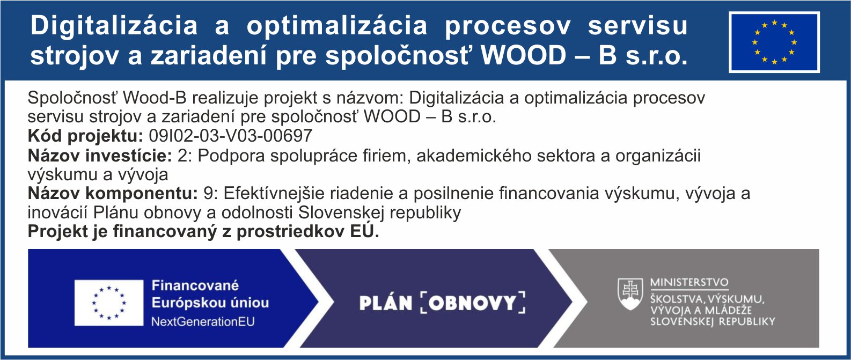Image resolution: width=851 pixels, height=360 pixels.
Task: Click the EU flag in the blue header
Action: [x=774, y=42]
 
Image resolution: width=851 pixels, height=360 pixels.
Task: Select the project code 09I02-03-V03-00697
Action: [x=231, y=136]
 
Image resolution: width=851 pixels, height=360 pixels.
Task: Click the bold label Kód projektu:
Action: [x=85, y=136]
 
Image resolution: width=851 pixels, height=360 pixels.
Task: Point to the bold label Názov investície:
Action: [x=100, y=156]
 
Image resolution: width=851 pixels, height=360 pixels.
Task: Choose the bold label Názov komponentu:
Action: [x=113, y=194]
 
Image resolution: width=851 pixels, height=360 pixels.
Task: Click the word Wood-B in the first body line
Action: [x=155, y=98]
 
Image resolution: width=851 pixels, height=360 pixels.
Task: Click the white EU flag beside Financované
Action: [x=109, y=303]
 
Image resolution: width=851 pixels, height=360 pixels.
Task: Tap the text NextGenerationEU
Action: [x=203, y=322]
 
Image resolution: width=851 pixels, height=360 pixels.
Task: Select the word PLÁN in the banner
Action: [x=386, y=303]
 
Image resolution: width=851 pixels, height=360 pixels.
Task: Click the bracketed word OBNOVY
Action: [x=473, y=303]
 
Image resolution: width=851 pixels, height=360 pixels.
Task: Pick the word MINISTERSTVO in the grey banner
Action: [x=689, y=283]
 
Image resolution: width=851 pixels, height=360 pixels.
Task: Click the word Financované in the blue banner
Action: [x=195, y=285]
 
